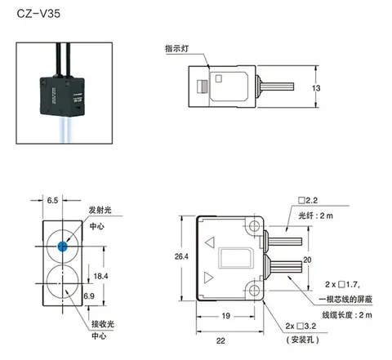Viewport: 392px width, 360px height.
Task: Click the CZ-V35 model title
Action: (38, 14)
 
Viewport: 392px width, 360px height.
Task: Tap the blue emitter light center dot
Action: (63, 247)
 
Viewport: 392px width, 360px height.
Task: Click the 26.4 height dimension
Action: (181, 256)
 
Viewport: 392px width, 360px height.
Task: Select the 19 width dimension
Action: (226, 316)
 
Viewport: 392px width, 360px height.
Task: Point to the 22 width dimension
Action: (220, 340)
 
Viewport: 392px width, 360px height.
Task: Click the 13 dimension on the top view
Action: (316, 88)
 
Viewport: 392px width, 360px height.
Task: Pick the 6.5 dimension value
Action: (52, 201)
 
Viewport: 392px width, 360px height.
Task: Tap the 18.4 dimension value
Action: (100, 276)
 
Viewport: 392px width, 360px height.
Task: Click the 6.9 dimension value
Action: (89, 296)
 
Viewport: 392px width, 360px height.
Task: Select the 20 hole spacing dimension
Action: (307, 260)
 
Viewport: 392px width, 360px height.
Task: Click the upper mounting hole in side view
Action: (255, 226)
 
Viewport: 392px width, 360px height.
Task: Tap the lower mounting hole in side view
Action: (255, 291)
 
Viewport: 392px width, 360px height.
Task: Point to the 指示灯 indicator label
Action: (176, 49)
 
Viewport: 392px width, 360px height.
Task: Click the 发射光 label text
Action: (100, 210)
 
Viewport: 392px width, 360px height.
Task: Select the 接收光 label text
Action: (103, 324)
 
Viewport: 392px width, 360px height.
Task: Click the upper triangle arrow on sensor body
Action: (210, 242)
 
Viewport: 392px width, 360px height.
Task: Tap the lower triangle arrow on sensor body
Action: (208, 278)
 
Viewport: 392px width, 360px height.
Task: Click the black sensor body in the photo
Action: (62, 96)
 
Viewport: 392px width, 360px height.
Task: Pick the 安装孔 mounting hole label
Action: (302, 340)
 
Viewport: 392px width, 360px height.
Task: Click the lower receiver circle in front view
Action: (63, 280)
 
